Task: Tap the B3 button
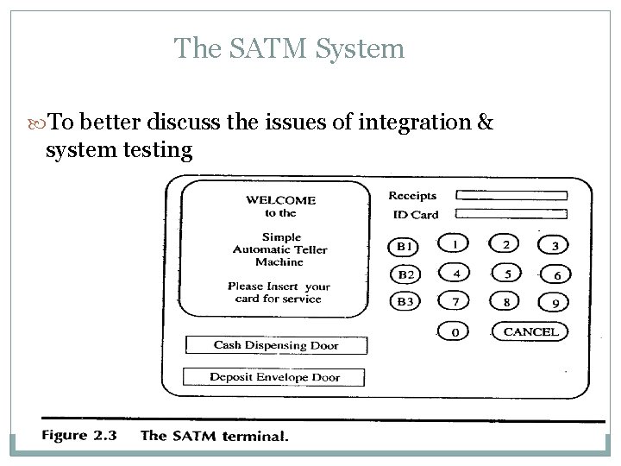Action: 405,302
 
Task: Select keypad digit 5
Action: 506,274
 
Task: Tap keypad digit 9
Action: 554,303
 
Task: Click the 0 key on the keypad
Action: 455,331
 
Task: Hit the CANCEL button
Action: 530,331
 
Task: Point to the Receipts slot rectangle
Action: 511,196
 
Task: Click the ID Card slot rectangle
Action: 511,214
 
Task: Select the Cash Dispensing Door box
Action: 276,345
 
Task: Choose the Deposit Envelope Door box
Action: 274,377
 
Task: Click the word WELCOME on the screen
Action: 281,200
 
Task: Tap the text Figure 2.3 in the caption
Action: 78,436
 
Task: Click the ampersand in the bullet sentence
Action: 485,123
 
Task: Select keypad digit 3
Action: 554,246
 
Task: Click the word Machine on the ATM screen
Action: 279,262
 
